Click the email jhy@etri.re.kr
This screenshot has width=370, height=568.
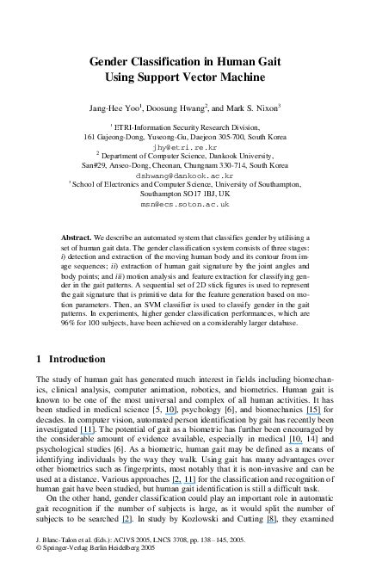point(185,146)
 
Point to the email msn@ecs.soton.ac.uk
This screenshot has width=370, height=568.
point(185,205)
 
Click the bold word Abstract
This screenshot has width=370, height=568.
point(78,237)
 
